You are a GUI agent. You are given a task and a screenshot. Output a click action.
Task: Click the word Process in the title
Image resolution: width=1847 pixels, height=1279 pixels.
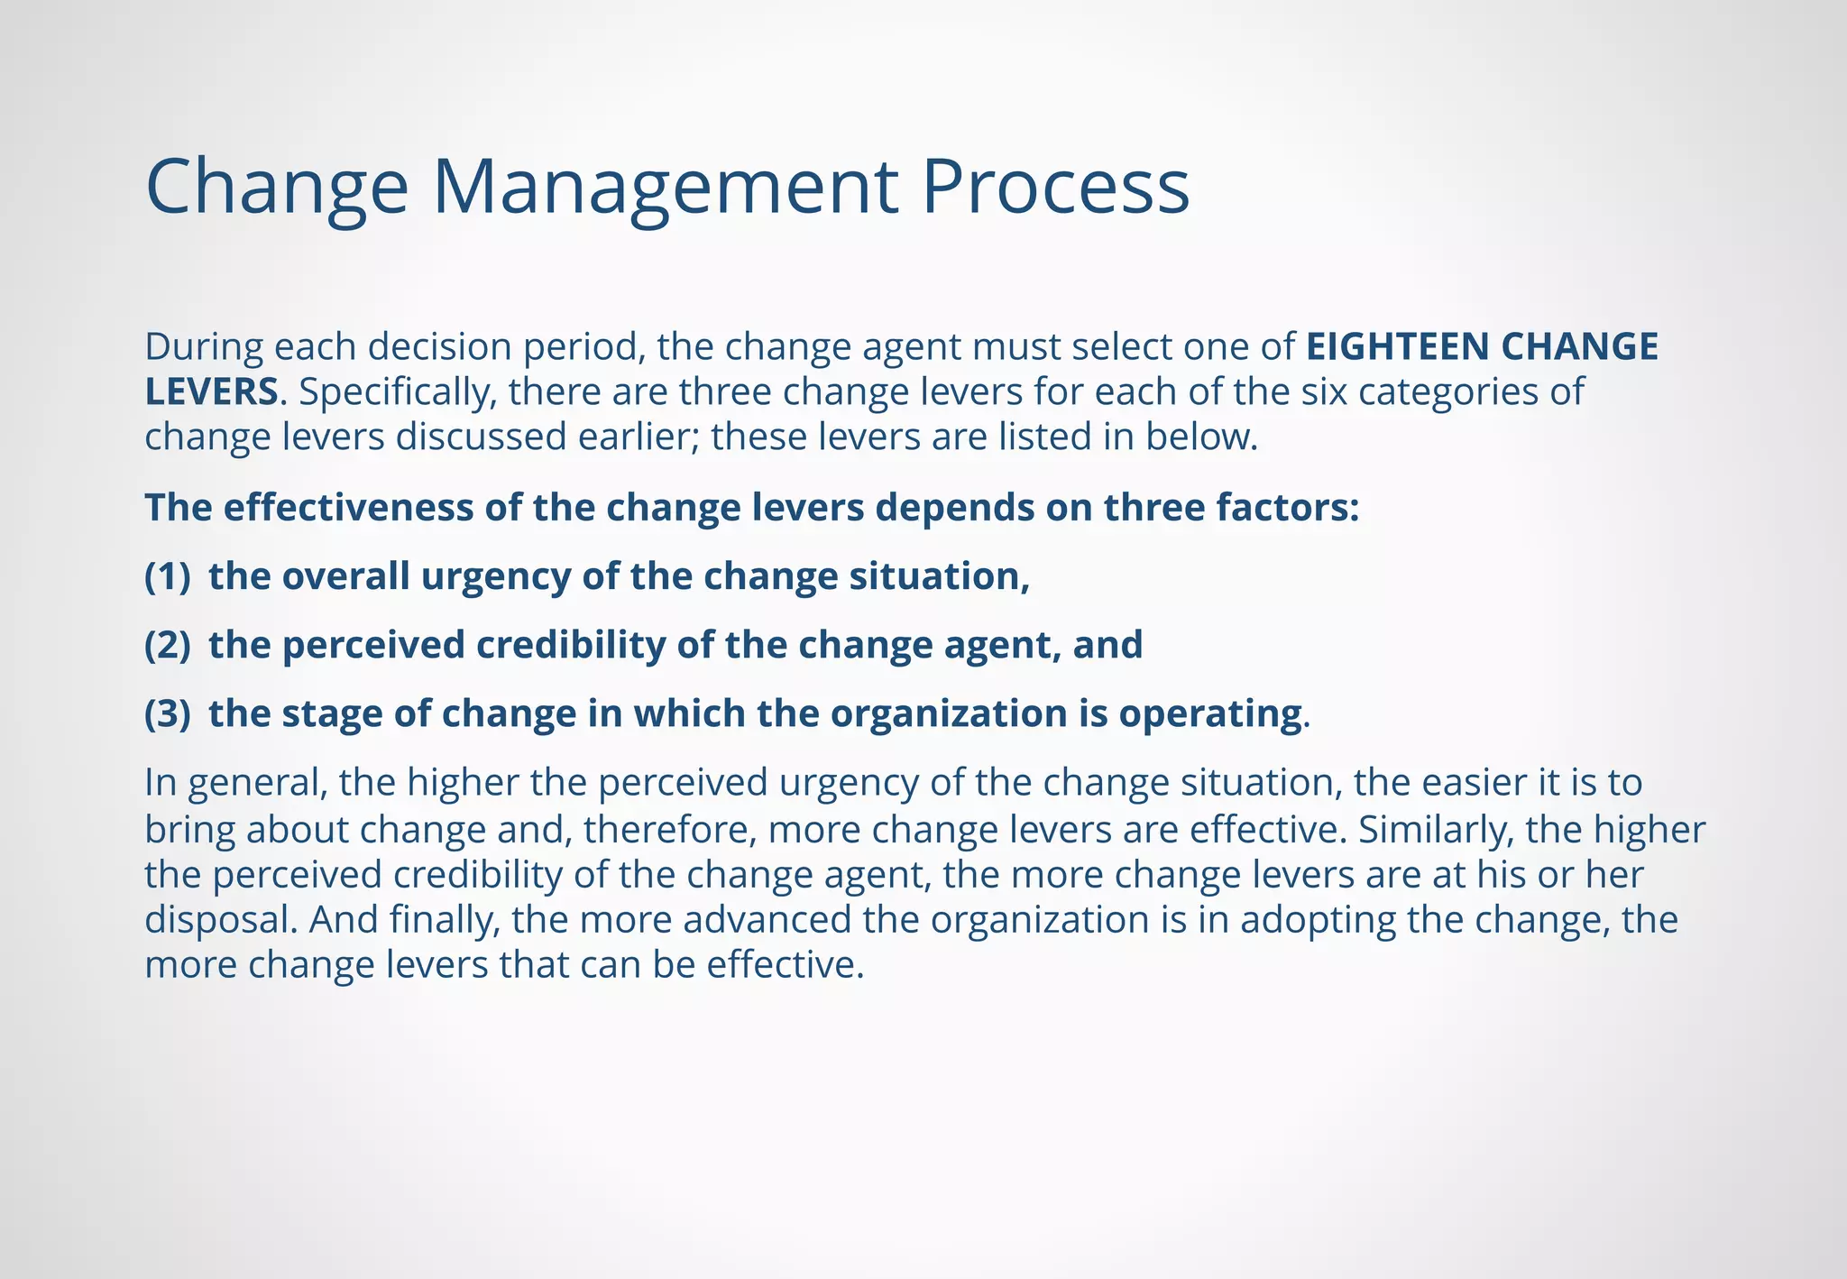tap(1055, 188)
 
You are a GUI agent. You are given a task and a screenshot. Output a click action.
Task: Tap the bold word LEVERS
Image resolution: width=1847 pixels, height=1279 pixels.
tap(211, 392)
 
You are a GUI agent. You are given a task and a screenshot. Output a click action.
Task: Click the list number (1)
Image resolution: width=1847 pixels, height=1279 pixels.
tap(168, 576)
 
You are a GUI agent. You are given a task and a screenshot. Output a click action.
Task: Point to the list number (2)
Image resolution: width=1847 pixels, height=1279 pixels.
tap(168, 645)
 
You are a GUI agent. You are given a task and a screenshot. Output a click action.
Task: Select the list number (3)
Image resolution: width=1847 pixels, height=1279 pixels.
tap(168, 713)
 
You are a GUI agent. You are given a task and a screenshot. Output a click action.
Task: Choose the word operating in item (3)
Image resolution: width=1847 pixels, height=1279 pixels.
tap(1210, 713)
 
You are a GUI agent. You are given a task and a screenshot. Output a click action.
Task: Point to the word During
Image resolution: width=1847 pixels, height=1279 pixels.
tap(204, 347)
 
